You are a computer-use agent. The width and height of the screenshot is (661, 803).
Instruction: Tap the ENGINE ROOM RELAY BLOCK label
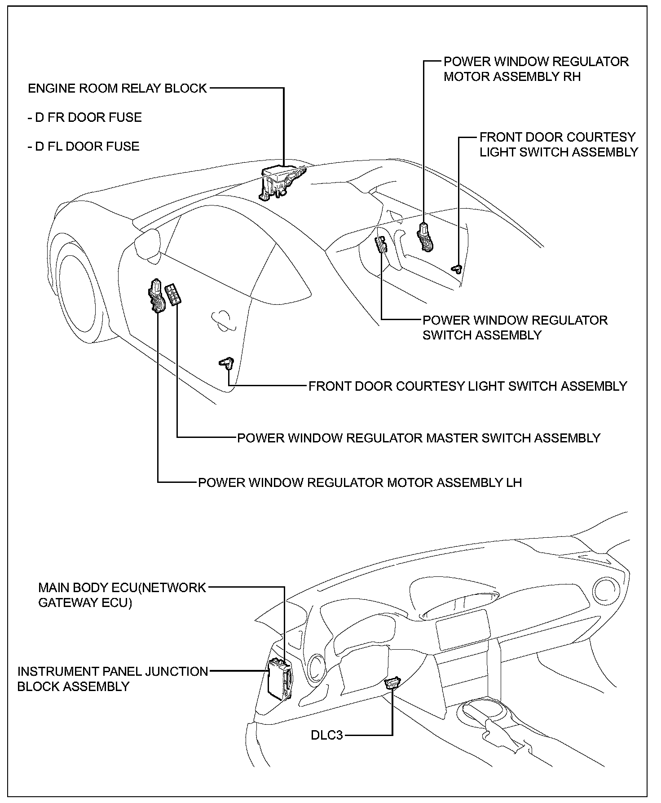(117, 88)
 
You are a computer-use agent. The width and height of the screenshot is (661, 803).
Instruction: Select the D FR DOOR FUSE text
(85, 117)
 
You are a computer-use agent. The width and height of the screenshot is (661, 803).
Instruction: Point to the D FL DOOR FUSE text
(84, 147)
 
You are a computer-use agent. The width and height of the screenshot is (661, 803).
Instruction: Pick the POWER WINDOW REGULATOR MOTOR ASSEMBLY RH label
(536, 69)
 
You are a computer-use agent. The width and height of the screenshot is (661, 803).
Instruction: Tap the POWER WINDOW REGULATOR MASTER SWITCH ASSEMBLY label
(419, 438)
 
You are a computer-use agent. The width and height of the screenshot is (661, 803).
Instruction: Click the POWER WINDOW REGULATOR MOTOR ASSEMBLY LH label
(360, 482)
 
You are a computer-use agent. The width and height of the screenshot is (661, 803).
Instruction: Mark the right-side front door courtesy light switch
(457, 268)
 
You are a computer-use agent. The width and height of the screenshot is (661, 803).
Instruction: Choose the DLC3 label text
(327, 736)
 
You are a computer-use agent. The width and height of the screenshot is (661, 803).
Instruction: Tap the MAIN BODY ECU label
(122, 595)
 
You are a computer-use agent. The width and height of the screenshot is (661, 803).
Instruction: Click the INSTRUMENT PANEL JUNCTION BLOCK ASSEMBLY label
(112, 679)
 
